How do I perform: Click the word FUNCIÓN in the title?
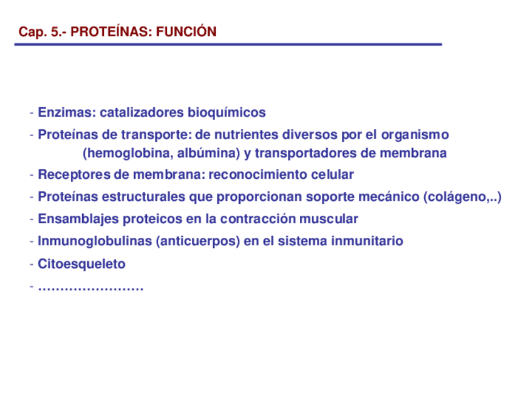186,31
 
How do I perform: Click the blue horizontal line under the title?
228,44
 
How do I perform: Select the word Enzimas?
67,112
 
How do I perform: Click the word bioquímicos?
226,113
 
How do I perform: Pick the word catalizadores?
142,112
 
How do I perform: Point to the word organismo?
415,135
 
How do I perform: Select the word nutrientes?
247,135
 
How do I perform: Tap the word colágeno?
457,197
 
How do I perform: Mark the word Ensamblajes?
78,219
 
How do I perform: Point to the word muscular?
329,219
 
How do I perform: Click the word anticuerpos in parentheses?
198,242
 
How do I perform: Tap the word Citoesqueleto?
82,264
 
